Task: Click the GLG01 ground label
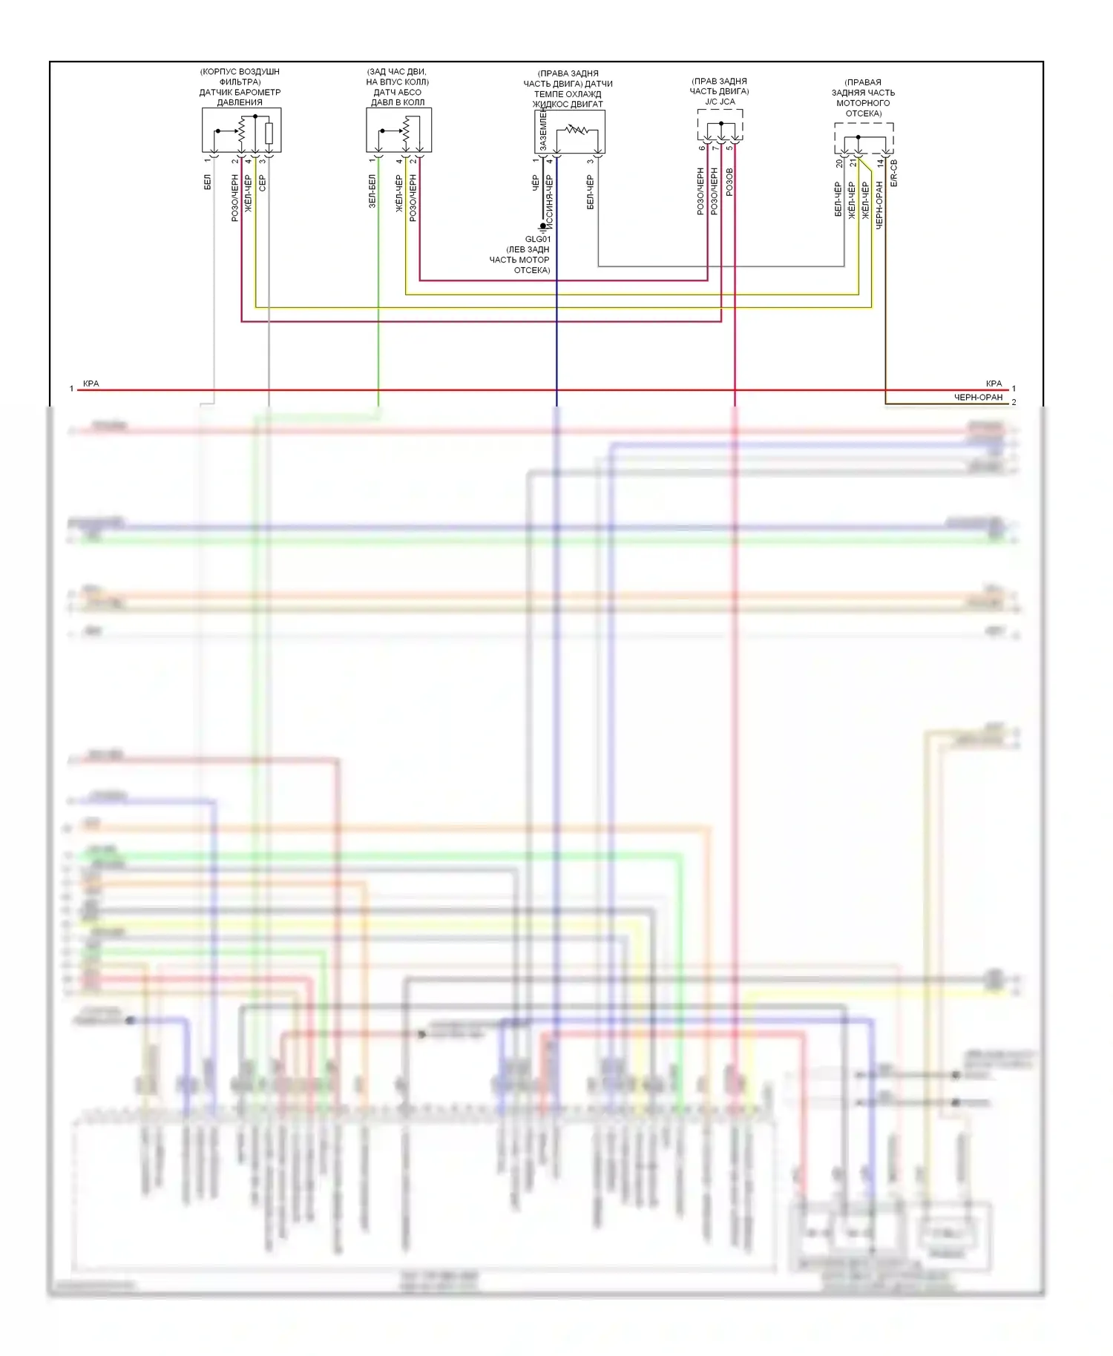pyautogui.click(x=537, y=240)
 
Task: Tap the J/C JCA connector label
pyautogui.click(x=720, y=102)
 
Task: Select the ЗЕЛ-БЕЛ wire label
pyautogui.click(x=372, y=191)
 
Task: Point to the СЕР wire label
pyautogui.click(x=262, y=183)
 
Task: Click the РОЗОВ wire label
pyautogui.click(x=729, y=182)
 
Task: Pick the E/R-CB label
pyautogui.click(x=893, y=173)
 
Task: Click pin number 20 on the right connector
pyautogui.click(x=839, y=163)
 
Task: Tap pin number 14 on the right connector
pyautogui.click(x=880, y=163)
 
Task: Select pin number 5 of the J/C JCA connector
pyautogui.click(x=729, y=148)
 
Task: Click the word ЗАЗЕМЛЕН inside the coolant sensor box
pyautogui.click(x=543, y=131)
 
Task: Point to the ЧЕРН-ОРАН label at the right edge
pyautogui.click(x=977, y=398)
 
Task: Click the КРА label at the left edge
pyautogui.click(x=91, y=384)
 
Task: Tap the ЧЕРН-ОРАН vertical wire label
pyautogui.click(x=879, y=205)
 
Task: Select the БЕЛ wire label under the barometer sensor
pyautogui.click(x=208, y=182)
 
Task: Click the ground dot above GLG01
pyautogui.click(x=543, y=226)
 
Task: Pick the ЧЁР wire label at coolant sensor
pyautogui.click(x=535, y=183)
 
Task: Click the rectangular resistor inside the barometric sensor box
pyautogui.click(x=269, y=134)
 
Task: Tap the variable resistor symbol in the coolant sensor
pyautogui.click(x=577, y=131)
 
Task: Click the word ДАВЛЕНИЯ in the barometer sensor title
pyautogui.click(x=240, y=102)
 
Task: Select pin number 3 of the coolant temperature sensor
pyautogui.click(x=591, y=161)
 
